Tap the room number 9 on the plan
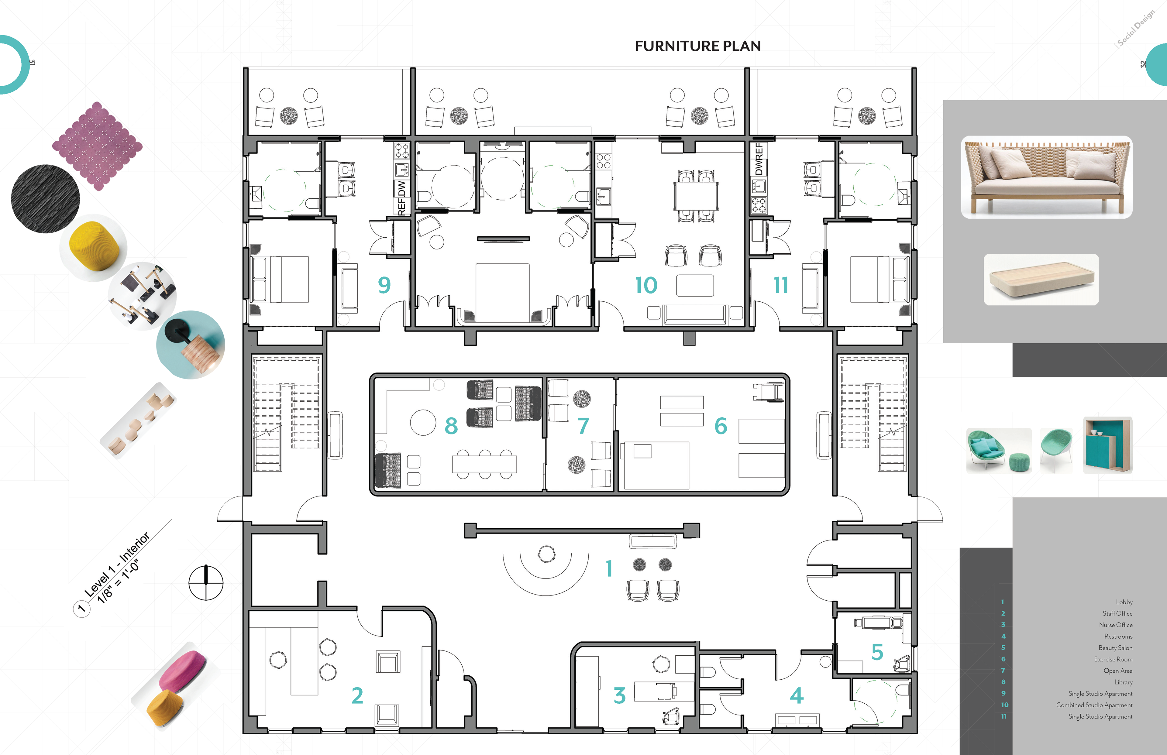384,285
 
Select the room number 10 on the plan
646,285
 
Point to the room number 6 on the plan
720,426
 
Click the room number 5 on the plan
877,652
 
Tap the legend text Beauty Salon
1115,648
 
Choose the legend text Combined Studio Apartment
1094,705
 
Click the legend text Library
1123,682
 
